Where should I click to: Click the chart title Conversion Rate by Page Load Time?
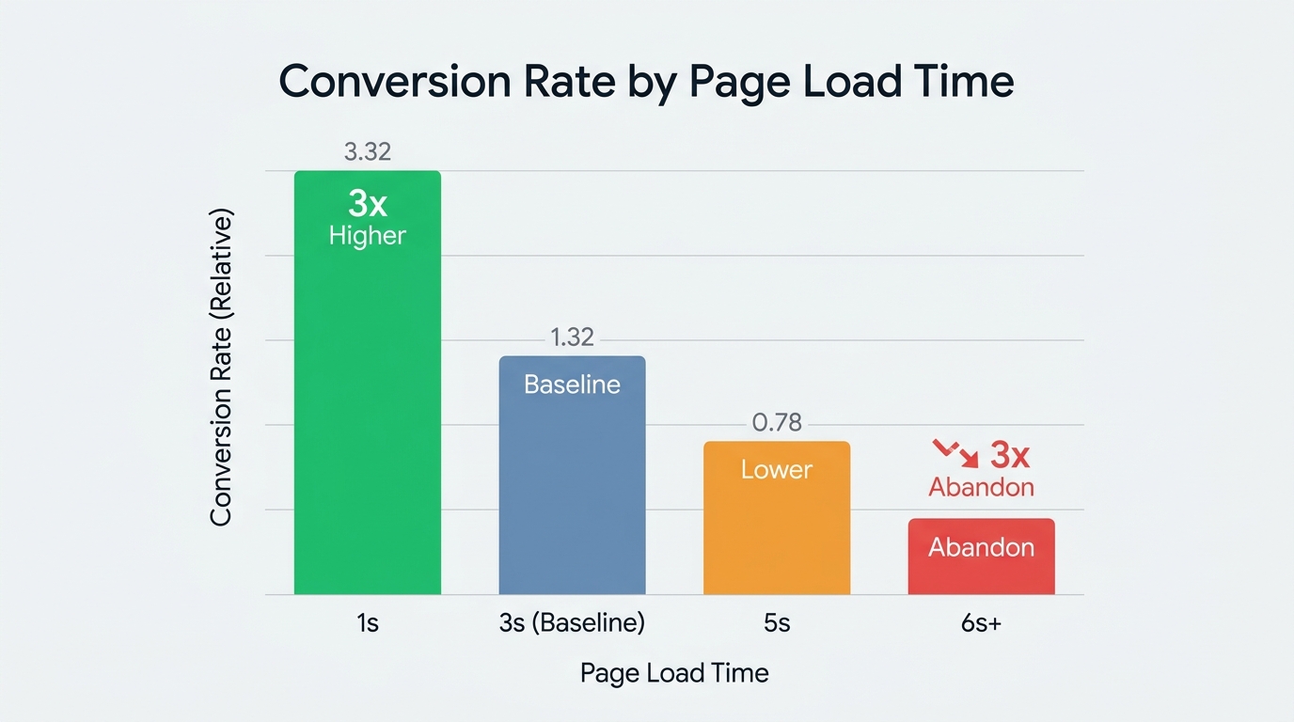point(646,82)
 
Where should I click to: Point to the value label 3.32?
point(367,151)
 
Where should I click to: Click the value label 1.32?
point(572,337)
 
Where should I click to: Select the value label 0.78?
point(777,423)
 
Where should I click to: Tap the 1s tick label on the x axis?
point(367,622)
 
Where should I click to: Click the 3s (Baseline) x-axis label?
point(572,622)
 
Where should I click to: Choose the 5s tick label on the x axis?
point(777,622)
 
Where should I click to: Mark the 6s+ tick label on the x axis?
point(981,622)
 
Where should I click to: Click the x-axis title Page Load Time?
point(674,673)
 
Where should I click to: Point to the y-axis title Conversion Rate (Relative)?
point(221,368)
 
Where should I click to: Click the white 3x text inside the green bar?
point(367,204)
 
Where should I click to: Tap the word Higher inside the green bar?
point(367,235)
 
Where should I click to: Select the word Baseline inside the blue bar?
point(572,385)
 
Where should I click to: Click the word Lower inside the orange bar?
point(777,469)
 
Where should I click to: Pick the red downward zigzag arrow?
point(955,452)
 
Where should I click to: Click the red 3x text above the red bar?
point(1010,457)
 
